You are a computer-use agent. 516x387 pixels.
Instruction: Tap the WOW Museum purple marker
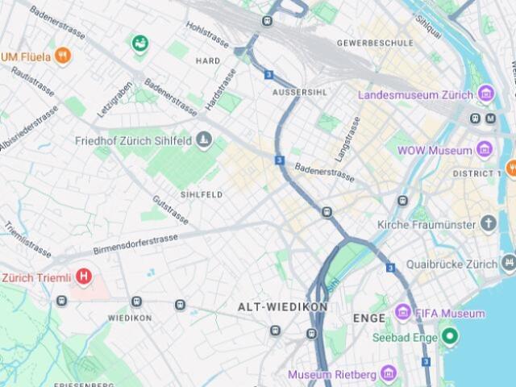point(485,150)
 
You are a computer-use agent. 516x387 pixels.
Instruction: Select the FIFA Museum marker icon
point(403,313)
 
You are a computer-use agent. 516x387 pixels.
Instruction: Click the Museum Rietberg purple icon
point(389,374)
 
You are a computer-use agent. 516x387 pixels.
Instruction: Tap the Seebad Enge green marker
point(450,336)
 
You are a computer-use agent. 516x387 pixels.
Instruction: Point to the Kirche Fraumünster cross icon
point(488,223)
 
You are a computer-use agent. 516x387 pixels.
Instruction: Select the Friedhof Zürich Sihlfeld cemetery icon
point(204,141)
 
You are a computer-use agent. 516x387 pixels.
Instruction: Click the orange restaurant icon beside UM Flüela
point(63,56)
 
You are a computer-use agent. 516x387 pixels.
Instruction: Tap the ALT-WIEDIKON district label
point(282,307)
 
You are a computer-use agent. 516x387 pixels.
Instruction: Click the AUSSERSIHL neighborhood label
point(299,92)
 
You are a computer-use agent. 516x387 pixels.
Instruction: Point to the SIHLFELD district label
point(201,194)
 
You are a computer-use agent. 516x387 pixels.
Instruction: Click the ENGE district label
point(369,318)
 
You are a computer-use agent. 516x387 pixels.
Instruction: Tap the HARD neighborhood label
point(207,60)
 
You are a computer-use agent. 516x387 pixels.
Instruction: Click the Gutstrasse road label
point(170,209)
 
